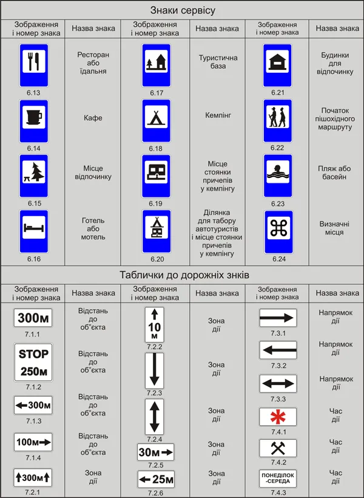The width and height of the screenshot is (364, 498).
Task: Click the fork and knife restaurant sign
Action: coord(33,66)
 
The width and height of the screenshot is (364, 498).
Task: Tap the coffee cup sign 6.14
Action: coord(33,121)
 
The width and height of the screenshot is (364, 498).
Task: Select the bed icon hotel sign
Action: coord(33,231)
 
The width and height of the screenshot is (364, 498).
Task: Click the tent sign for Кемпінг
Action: coord(156,121)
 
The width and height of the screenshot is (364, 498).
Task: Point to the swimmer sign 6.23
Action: coord(278,176)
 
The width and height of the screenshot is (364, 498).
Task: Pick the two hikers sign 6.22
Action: coord(278,121)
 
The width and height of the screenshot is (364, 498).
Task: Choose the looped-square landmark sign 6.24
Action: coord(278,232)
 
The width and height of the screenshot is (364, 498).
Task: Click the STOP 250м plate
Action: coord(33,363)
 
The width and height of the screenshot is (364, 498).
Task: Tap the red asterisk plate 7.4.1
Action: coord(278,417)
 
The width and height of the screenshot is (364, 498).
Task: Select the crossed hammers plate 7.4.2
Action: coord(278,448)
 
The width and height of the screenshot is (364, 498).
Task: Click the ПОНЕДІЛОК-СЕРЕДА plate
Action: coord(278,479)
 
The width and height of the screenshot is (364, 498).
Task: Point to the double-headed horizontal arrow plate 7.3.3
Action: coord(278,384)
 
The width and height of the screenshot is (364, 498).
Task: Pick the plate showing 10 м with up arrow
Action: coord(155,324)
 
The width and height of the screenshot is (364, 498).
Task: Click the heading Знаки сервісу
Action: coord(183,10)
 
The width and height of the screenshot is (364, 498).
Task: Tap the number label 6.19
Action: coord(155,203)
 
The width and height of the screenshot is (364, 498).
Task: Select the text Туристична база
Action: coord(218,62)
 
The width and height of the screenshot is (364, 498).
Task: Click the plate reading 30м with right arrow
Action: coord(155,452)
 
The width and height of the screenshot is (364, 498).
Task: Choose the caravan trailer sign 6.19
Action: coord(156,176)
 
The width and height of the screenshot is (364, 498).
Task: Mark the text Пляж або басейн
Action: coord(334,172)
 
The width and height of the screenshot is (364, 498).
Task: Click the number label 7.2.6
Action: coord(155,493)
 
